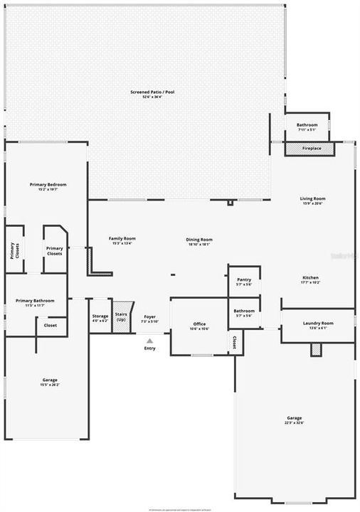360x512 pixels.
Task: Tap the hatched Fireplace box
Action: click(312, 149)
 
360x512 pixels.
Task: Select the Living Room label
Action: click(312, 199)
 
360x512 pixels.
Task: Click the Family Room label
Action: click(122, 239)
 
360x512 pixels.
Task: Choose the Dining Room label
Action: click(199, 240)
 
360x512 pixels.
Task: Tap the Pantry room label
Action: click(244, 280)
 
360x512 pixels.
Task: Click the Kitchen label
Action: click(310, 278)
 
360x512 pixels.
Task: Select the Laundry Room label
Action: click(317, 324)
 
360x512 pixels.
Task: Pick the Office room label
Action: click(199, 325)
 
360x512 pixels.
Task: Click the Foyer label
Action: click(149, 317)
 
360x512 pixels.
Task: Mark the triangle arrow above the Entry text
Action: click(149, 341)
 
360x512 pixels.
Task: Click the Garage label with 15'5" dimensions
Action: click(49, 380)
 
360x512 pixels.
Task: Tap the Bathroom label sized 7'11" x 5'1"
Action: click(307, 126)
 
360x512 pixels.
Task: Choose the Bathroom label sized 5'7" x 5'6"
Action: click(244, 311)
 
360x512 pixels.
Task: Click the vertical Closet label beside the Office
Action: click(233, 343)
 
